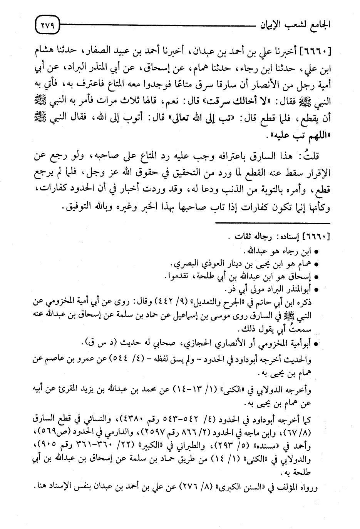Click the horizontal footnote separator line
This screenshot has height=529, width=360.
[x=272, y=224]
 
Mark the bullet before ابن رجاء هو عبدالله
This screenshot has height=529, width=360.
[x=316, y=254]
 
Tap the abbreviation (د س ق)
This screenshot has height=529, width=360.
[x=94, y=343]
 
